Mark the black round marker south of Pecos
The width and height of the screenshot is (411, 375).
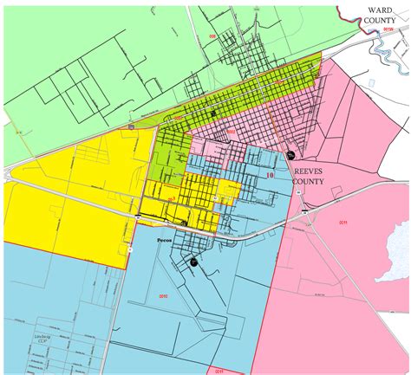194,261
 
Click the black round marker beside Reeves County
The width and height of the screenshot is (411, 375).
289,154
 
